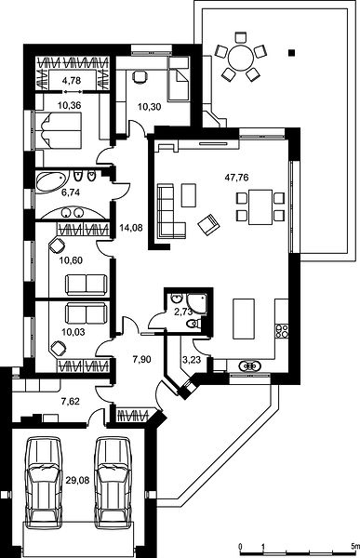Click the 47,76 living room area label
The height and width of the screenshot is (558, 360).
(x=236, y=178)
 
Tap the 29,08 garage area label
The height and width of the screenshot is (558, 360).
(x=77, y=481)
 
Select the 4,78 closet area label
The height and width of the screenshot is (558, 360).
(x=72, y=81)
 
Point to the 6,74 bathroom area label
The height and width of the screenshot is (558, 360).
(x=71, y=193)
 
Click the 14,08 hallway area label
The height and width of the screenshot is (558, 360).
(x=131, y=228)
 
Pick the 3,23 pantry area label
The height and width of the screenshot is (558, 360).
(x=192, y=360)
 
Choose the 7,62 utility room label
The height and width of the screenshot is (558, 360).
(x=71, y=402)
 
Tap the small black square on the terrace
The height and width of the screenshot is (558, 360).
(x=292, y=53)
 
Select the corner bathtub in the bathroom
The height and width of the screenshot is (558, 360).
(x=50, y=182)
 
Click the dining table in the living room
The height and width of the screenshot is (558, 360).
(x=260, y=207)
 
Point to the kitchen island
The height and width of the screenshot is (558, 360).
(x=244, y=319)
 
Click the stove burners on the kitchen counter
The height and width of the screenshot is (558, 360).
(x=282, y=331)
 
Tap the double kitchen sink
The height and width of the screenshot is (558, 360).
(x=250, y=365)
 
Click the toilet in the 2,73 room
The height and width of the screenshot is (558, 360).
(x=193, y=324)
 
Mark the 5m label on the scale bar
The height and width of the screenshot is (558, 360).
(x=354, y=546)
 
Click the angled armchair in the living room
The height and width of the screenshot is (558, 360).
(x=209, y=224)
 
